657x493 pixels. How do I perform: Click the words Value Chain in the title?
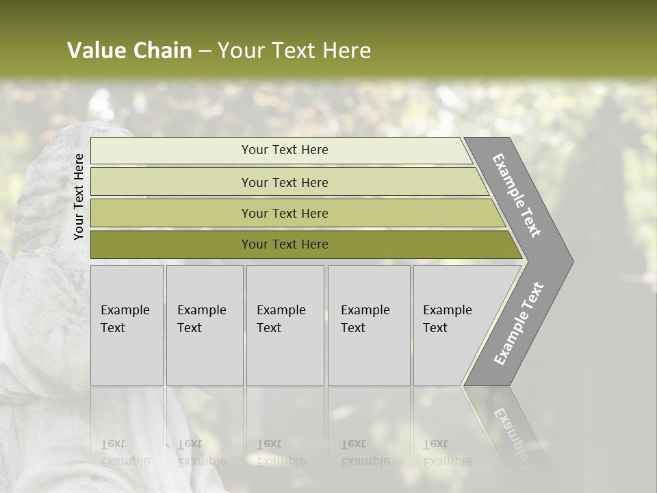tap(129, 51)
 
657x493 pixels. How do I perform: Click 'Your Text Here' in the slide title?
tap(294, 51)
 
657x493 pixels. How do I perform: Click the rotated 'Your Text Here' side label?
tap(79, 197)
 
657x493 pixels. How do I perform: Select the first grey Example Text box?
tap(127, 325)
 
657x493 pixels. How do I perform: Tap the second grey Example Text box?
tap(204, 325)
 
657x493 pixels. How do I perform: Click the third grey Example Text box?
tap(285, 325)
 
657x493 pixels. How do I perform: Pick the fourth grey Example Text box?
tap(368, 325)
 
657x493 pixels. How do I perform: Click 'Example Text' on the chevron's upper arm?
tap(517, 195)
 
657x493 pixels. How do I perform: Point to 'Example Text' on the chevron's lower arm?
tap(519, 324)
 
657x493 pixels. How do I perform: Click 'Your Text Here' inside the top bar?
tap(285, 150)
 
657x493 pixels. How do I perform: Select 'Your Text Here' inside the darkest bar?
tap(285, 244)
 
